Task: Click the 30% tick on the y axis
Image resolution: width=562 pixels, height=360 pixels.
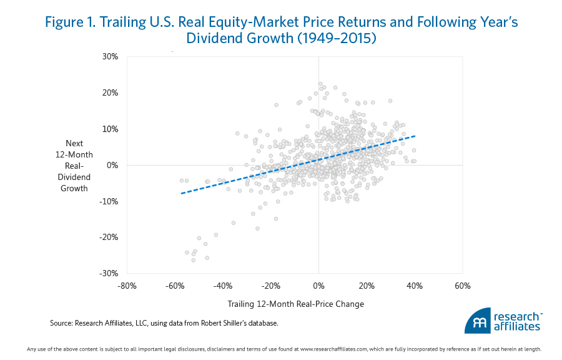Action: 110,56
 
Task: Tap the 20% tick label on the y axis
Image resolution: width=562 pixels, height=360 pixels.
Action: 110,92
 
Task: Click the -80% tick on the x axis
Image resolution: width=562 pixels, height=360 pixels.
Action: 127,286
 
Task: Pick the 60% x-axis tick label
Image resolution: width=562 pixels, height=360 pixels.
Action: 463,286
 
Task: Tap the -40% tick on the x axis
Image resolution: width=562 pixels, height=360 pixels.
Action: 223,286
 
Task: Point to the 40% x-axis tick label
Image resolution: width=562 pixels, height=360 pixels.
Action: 415,286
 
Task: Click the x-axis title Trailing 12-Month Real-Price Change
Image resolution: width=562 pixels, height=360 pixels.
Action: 295,304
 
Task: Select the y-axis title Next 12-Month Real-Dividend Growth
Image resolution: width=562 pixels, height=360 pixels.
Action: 74,166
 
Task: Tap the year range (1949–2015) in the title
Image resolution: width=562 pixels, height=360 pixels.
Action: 340,39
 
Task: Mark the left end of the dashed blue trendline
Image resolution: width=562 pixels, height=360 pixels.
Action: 181,193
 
